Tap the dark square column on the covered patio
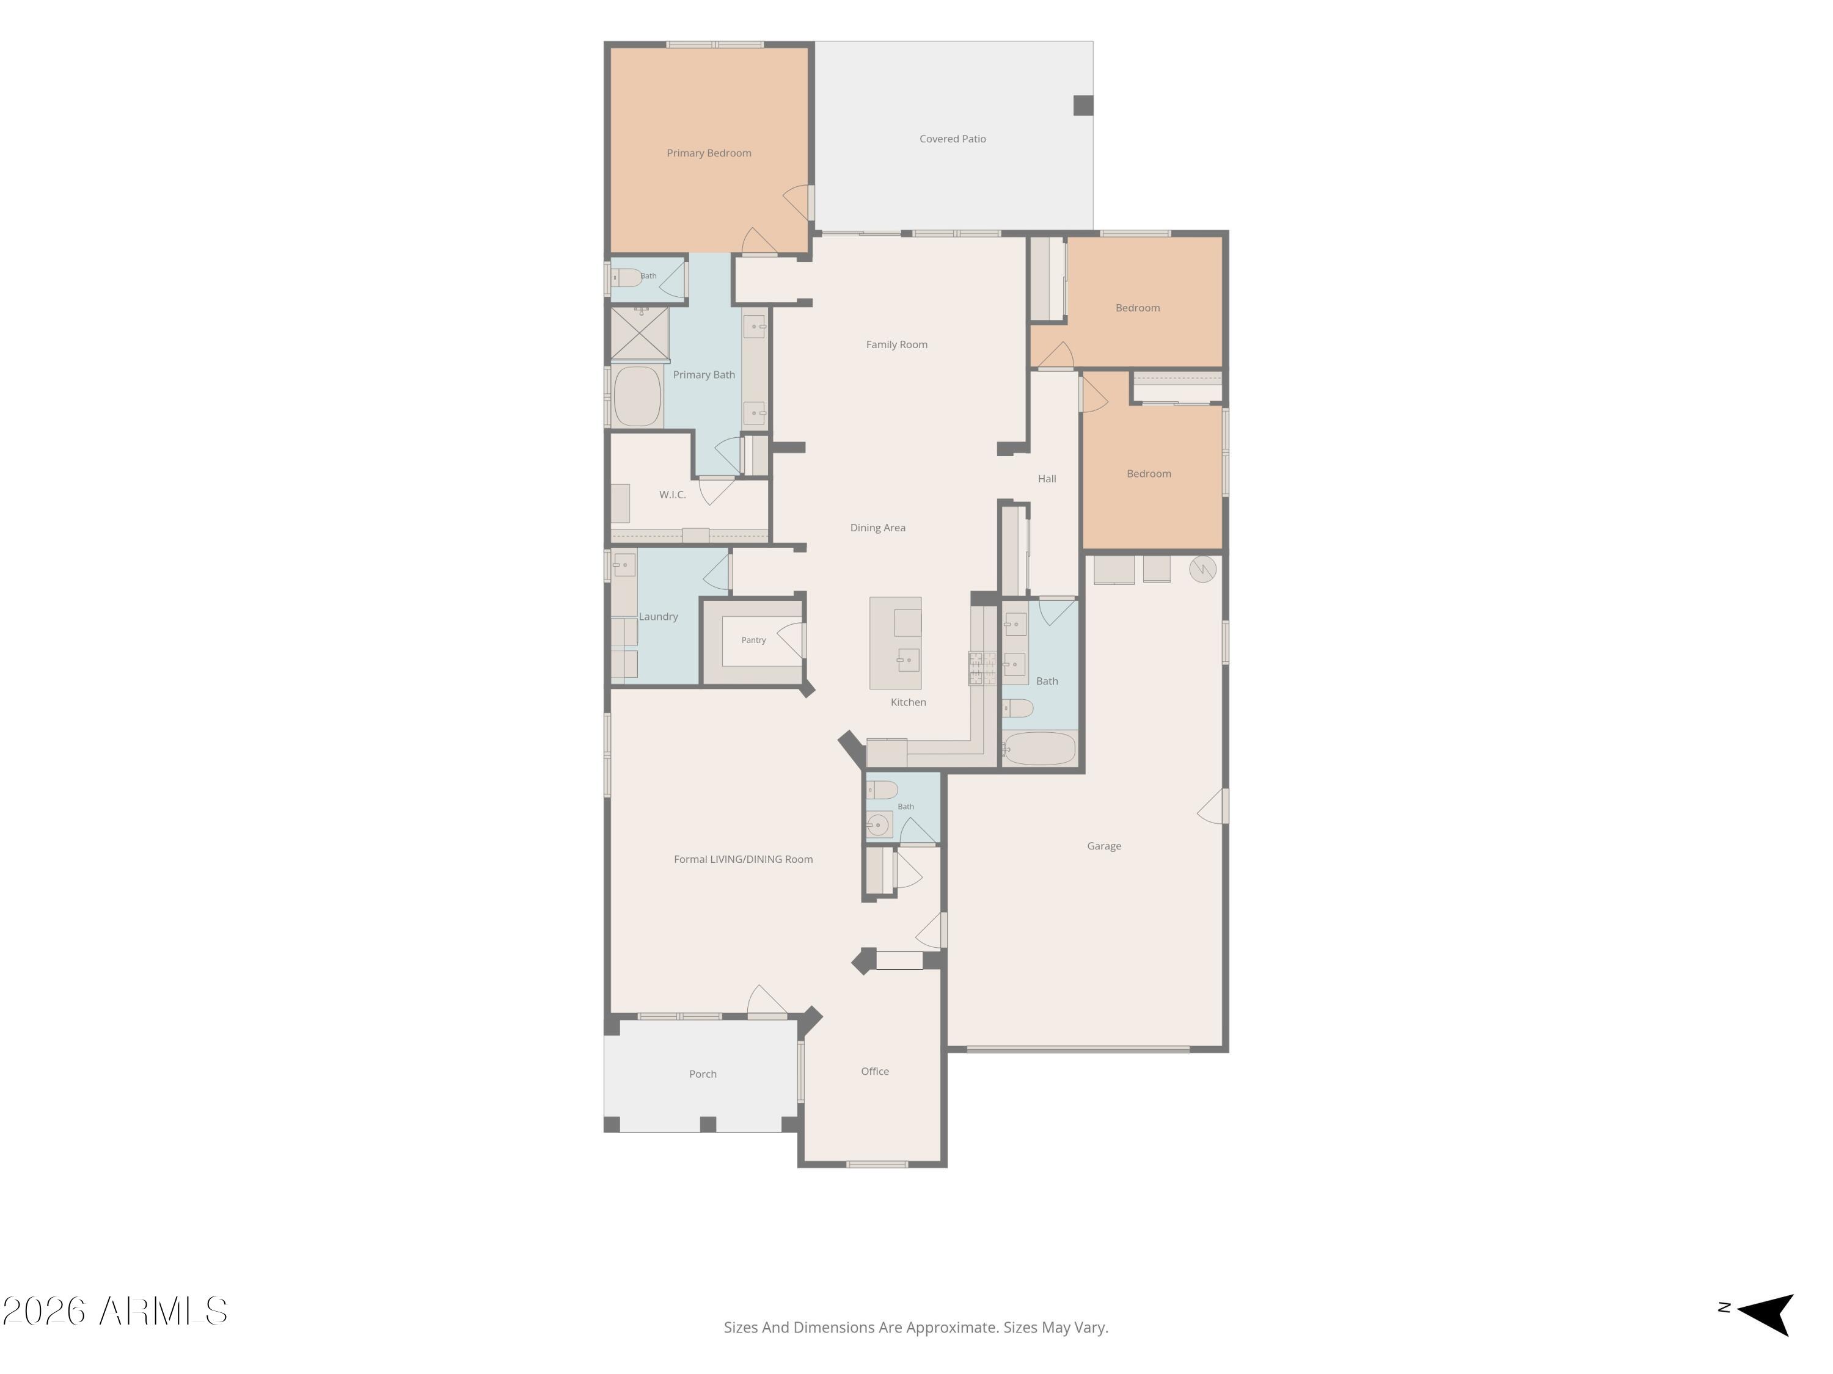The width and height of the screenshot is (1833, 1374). [1083, 105]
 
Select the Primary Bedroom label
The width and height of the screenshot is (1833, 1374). [709, 153]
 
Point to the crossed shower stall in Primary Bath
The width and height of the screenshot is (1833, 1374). [640, 334]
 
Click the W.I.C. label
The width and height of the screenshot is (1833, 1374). [672, 495]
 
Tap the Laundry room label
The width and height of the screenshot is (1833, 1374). [658, 617]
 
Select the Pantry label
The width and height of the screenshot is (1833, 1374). [753, 640]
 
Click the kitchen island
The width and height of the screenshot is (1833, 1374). [895, 642]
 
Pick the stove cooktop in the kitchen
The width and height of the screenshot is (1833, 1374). [982, 668]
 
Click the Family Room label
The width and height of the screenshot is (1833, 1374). [896, 344]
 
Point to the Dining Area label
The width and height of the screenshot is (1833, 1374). [877, 528]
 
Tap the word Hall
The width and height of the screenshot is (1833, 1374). [1047, 479]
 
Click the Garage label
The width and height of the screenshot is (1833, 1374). [1104, 846]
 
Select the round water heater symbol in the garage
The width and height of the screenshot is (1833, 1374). [1202, 569]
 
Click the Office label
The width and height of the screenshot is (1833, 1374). [874, 1072]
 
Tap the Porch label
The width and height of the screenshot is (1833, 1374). [703, 1074]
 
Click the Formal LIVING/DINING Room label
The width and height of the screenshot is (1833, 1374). [744, 860]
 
